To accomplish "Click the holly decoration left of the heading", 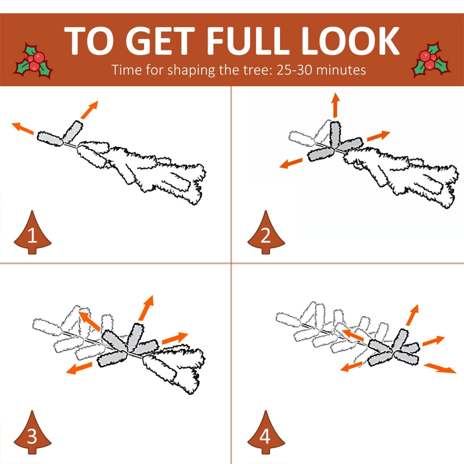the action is [34, 61].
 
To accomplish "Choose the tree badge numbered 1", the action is [33, 232].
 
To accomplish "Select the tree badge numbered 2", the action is [266, 232].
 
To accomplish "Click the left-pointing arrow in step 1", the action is [23, 128].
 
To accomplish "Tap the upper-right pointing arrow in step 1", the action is [89, 110].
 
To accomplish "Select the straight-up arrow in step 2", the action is [335, 105].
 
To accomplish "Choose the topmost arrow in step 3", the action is [146, 308].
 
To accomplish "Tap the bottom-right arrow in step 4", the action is [440, 368].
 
